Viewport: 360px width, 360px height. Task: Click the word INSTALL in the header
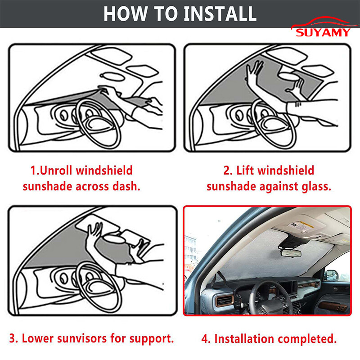tap(220, 14)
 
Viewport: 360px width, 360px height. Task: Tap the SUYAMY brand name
tap(323, 32)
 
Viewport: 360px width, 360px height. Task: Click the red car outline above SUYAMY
tap(324, 22)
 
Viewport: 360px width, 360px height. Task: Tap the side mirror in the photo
tap(332, 275)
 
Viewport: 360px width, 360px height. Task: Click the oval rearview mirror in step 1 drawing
tap(112, 76)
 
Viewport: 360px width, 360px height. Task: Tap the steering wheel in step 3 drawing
tap(99, 287)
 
